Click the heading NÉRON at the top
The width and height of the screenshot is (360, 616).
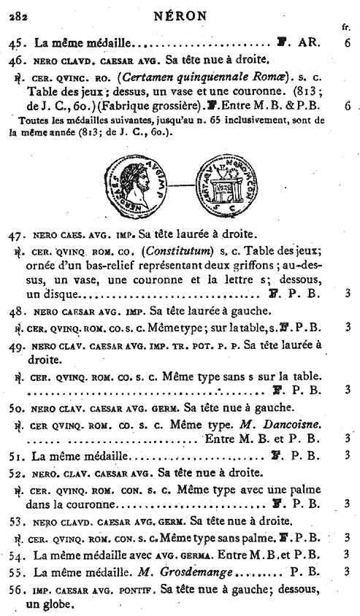[x=180, y=13]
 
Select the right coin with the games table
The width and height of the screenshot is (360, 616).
[x=221, y=185]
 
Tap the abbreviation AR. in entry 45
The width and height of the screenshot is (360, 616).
[x=308, y=43]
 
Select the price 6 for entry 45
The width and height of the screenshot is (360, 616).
[x=348, y=43]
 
